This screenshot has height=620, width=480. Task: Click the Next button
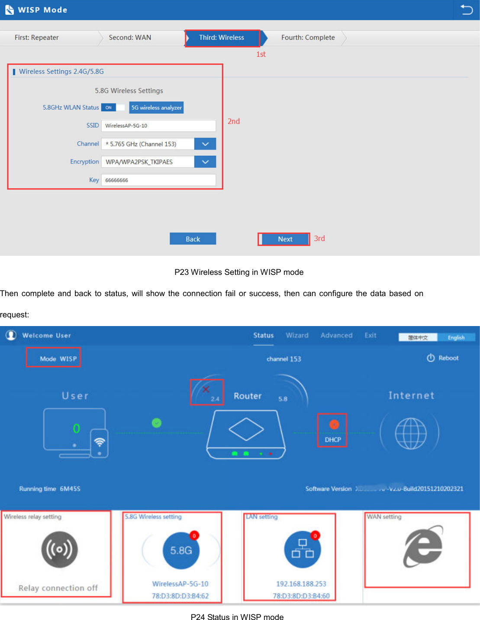[285, 239]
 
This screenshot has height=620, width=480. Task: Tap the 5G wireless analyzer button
[156, 108]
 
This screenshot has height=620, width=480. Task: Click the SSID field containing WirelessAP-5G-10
[158, 126]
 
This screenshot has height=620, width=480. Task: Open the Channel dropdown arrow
[205, 144]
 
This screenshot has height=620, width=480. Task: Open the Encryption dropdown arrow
[205, 162]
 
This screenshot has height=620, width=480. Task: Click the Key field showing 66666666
[158, 180]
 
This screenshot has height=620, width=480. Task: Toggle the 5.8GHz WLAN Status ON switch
[113, 108]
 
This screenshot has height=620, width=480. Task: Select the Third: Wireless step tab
[222, 38]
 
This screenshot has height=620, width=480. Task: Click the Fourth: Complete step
[308, 38]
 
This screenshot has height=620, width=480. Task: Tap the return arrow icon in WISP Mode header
[466, 10]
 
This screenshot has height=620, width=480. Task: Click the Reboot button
[443, 358]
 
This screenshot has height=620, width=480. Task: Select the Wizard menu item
[297, 336]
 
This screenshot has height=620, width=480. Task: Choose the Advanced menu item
[336, 336]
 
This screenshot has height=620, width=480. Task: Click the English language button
[456, 337]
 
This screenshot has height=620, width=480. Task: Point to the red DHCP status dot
[334, 424]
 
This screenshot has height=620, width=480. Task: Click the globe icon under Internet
[410, 433]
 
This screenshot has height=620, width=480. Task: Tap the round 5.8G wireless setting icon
[181, 550]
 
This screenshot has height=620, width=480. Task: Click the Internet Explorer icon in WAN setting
[423, 547]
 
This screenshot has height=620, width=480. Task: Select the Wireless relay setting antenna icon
[59, 549]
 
